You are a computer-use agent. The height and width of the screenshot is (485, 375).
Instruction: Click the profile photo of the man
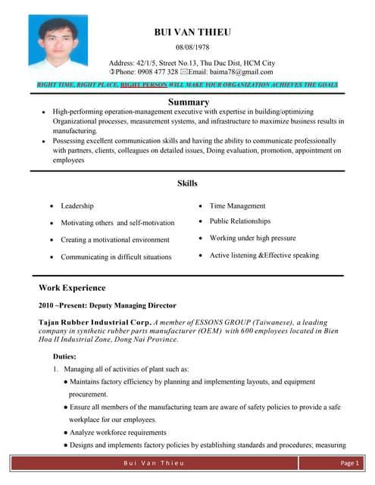click(x=52, y=44)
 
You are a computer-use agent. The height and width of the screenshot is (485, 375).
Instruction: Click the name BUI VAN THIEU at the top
click(x=192, y=32)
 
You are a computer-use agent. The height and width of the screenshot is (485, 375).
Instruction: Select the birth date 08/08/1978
click(x=192, y=48)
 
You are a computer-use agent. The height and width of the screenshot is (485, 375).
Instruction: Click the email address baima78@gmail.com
click(x=232, y=72)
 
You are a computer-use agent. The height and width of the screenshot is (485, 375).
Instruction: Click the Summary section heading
click(x=188, y=102)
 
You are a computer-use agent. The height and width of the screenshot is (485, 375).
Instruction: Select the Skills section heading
click(x=187, y=183)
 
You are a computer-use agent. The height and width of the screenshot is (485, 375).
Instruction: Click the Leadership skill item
click(x=77, y=206)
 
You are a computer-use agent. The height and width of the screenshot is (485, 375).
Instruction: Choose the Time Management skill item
click(x=237, y=206)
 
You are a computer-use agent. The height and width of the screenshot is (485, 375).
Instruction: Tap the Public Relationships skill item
click(x=239, y=221)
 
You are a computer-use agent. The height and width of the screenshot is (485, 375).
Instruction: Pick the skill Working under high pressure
click(x=252, y=238)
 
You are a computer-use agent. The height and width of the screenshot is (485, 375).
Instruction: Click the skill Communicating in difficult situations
click(x=116, y=257)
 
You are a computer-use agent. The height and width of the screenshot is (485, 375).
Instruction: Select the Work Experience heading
click(x=72, y=288)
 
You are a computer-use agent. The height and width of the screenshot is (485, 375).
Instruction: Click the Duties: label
click(x=64, y=355)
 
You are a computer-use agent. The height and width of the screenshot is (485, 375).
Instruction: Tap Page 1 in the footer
click(x=348, y=462)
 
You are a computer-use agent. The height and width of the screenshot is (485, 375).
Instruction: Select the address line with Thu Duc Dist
click(x=192, y=62)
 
